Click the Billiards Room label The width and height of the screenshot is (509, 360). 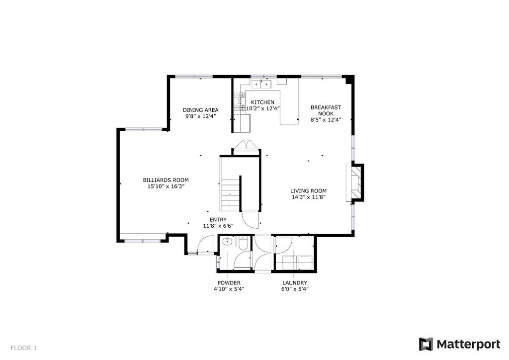(166, 180)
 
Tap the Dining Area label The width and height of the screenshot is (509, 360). (201, 110)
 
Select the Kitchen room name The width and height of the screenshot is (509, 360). (262, 102)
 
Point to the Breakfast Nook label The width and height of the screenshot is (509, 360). (326, 110)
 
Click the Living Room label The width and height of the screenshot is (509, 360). (308, 191)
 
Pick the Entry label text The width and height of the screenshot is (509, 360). (218, 220)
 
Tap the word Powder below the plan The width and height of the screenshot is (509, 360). (229, 283)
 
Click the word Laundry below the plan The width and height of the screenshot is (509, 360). (295, 283)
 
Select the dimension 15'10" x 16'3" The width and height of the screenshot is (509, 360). (166, 186)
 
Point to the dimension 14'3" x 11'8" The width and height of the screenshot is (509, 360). (308, 197)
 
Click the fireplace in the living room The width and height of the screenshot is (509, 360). (355, 183)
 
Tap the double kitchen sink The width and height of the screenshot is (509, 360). (261, 84)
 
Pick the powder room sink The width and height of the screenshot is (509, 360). (227, 242)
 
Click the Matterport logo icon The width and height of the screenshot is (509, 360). (426, 344)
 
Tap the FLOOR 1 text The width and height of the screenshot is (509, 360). (24, 348)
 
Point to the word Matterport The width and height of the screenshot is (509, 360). (468, 345)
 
